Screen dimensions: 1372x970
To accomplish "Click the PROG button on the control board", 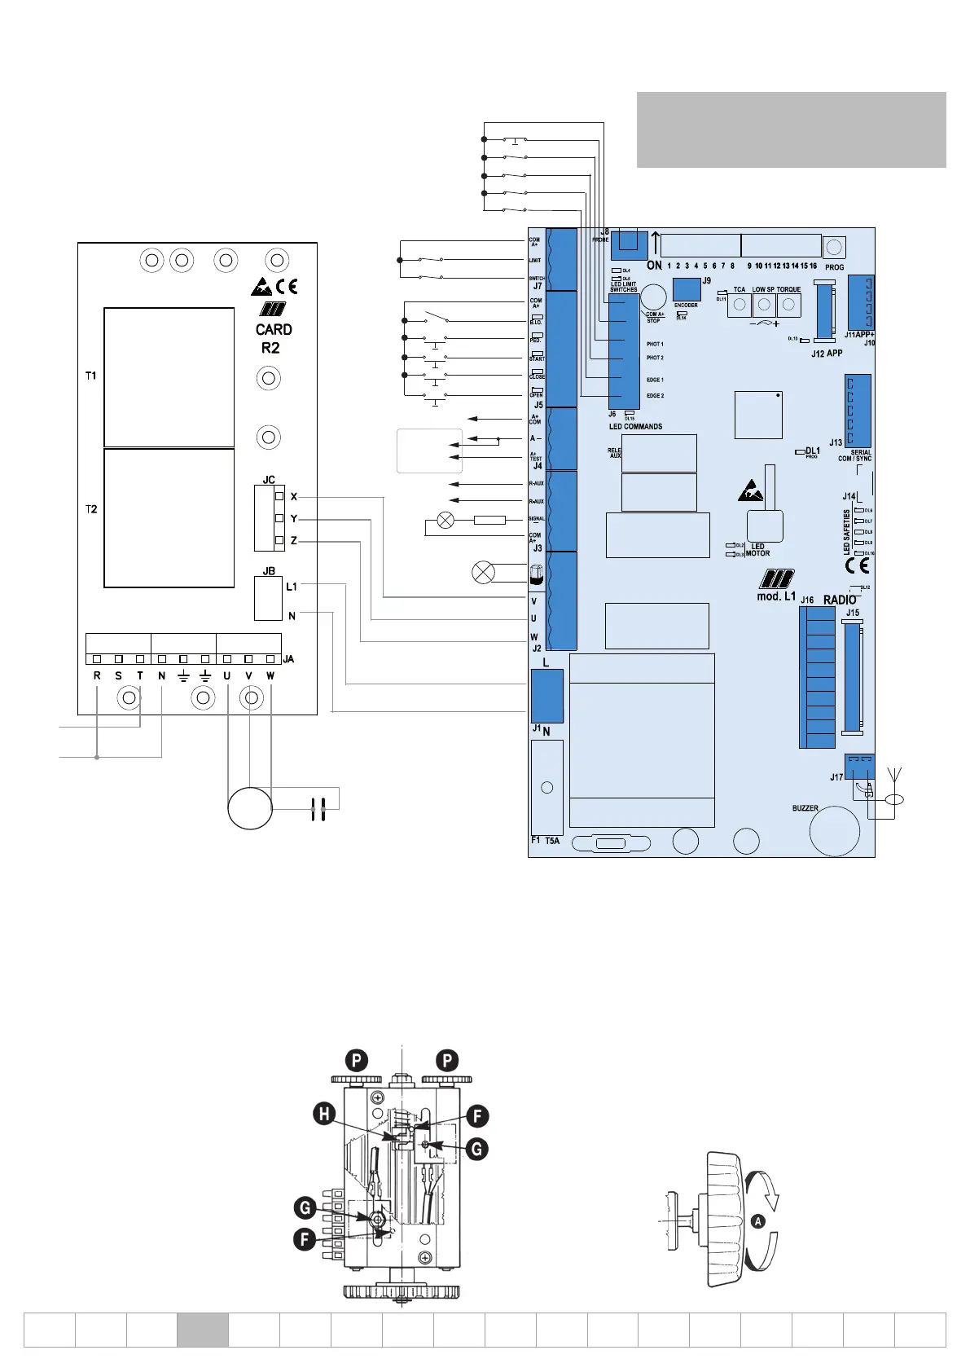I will (x=834, y=247).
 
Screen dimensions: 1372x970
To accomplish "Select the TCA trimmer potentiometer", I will (x=740, y=305).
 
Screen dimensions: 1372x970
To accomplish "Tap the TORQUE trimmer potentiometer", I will (x=788, y=305).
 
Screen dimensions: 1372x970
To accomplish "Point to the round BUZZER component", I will (x=835, y=831).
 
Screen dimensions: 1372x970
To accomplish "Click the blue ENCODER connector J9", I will (x=687, y=289).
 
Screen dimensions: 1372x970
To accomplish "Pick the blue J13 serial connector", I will (x=858, y=411).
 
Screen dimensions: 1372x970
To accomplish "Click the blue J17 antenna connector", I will (x=859, y=767).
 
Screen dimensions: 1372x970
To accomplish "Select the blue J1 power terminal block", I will (x=546, y=696).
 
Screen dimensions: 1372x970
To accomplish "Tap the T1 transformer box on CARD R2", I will (x=169, y=376).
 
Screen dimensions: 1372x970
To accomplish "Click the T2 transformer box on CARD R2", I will (x=169, y=517).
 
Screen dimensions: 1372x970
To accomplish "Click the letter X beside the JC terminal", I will (x=294, y=496).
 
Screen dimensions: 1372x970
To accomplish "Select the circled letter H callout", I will (x=325, y=1113).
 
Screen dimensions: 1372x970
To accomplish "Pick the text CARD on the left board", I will (x=274, y=330).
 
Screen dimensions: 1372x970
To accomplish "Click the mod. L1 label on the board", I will (x=776, y=596).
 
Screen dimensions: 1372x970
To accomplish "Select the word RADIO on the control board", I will (x=840, y=600).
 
